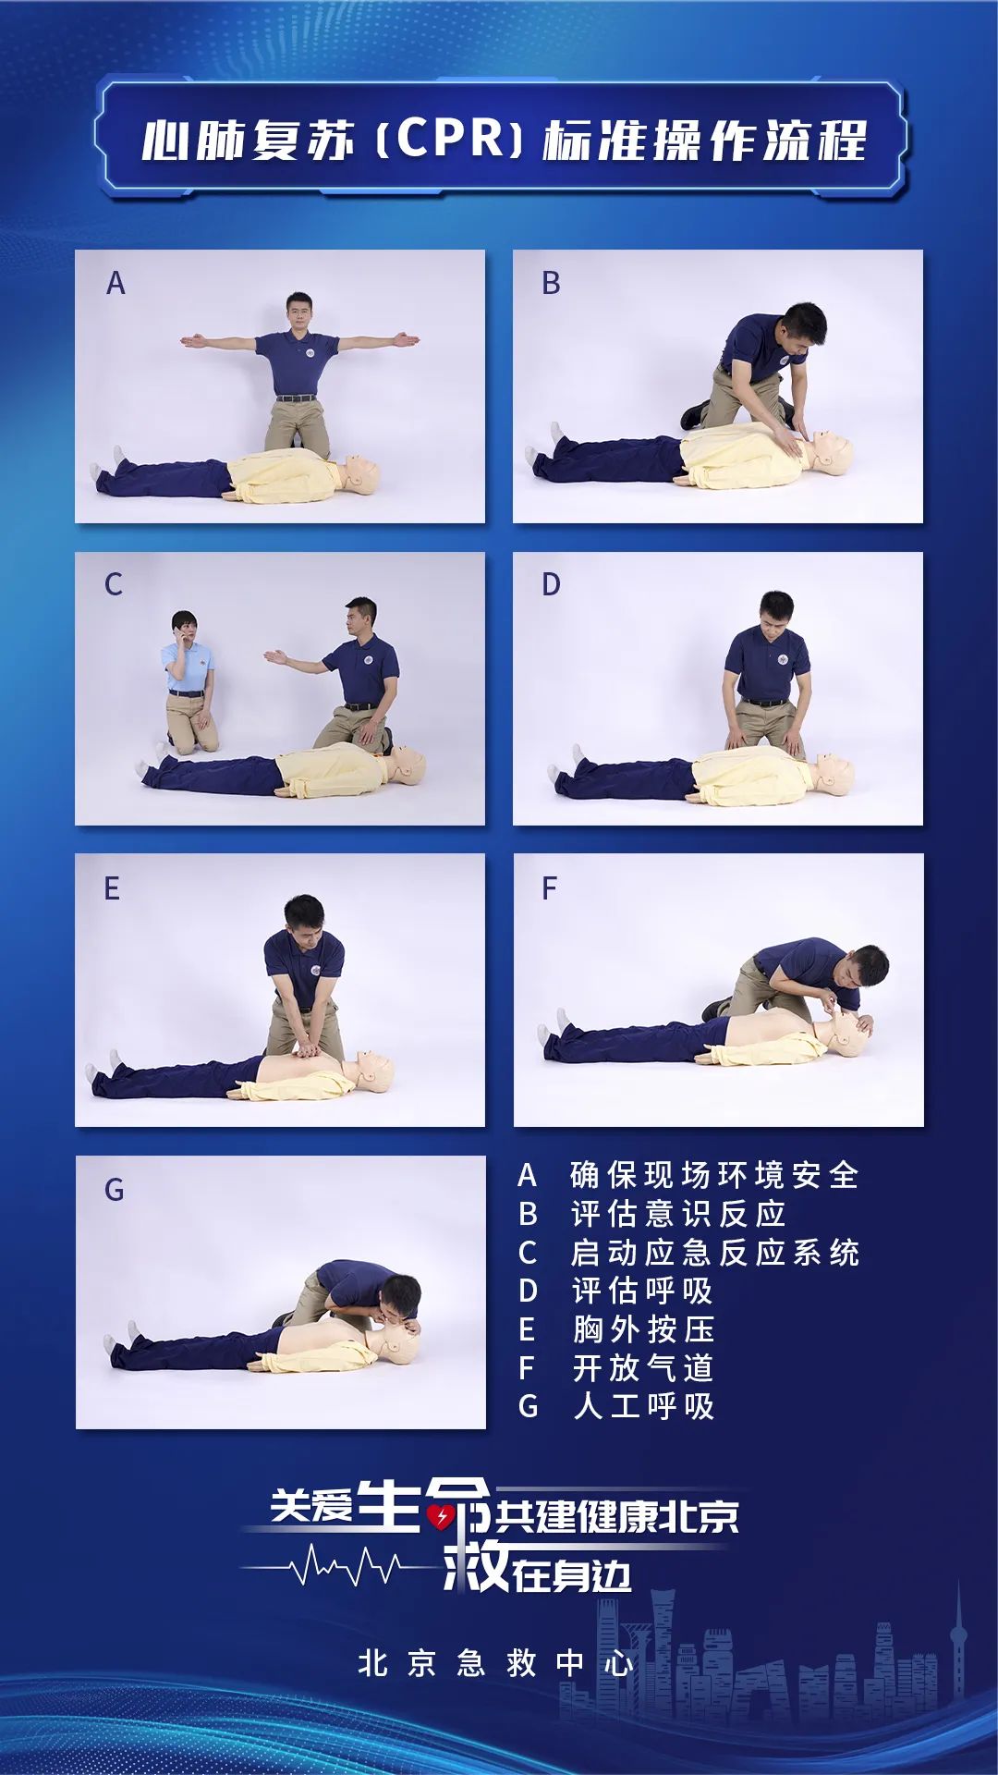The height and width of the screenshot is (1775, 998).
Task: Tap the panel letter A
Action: click(x=116, y=283)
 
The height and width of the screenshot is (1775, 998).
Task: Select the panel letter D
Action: click(x=551, y=584)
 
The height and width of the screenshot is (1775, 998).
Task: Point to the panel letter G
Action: click(x=114, y=1190)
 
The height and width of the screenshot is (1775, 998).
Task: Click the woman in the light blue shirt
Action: click(x=190, y=681)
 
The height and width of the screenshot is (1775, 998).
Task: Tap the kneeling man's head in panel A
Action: click(x=300, y=312)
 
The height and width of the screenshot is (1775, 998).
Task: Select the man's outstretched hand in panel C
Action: click(x=274, y=657)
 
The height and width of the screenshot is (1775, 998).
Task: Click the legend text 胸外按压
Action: click(x=643, y=1329)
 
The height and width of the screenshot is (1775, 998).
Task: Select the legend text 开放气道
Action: click(x=643, y=1368)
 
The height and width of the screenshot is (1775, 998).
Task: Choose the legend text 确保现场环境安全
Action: click(x=714, y=1175)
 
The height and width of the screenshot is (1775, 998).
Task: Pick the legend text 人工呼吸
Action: click(x=643, y=1406)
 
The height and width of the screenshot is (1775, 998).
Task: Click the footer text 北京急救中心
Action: click(x=496, y=1664)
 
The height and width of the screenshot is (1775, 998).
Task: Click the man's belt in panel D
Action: click(x=766, y=702)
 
